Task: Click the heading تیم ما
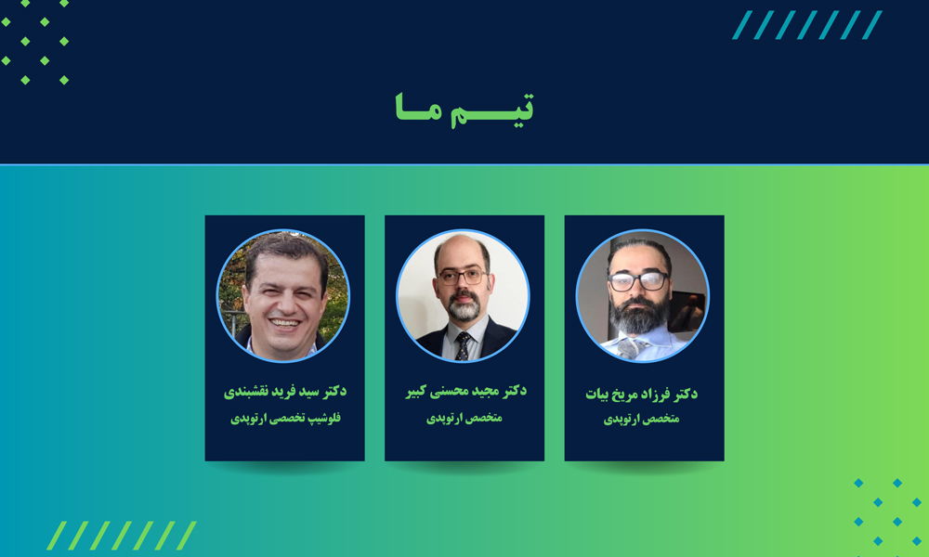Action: click(464, 110)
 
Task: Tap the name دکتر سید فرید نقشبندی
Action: click(285, 391)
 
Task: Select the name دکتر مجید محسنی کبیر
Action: click(465, 391)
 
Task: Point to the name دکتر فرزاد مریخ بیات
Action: click(642, 394)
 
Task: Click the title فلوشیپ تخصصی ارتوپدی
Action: click(285, 419)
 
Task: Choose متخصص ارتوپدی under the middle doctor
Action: click(464, 418)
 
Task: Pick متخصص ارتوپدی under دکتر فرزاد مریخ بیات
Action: click(642, 419)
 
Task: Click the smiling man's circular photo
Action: click(283, 295)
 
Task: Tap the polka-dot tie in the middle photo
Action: click(462, 345)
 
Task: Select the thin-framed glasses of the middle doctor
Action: click(463, 277)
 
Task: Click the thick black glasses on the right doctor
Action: click(637, 280)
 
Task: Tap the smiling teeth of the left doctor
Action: click(285, 323)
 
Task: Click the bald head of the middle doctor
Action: click(462, 249)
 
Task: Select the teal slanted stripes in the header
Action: click(807, 25)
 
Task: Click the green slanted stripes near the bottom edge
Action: click(122, 536)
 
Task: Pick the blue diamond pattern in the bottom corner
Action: click(887, 512)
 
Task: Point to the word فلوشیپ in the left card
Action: click(325, 419)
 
